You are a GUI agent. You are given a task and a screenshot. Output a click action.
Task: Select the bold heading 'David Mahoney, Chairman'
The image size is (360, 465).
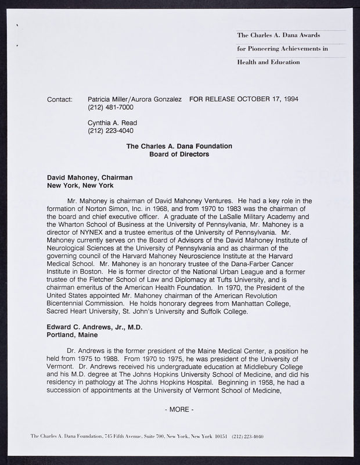coord(90,177)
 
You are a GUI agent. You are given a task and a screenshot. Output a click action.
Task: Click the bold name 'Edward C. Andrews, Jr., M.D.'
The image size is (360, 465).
coord(94,327)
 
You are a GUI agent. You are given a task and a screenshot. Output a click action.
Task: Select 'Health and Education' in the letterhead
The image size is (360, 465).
coord(269,62)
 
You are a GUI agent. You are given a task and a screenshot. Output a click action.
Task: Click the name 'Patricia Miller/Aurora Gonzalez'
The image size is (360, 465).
coord(135,99)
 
